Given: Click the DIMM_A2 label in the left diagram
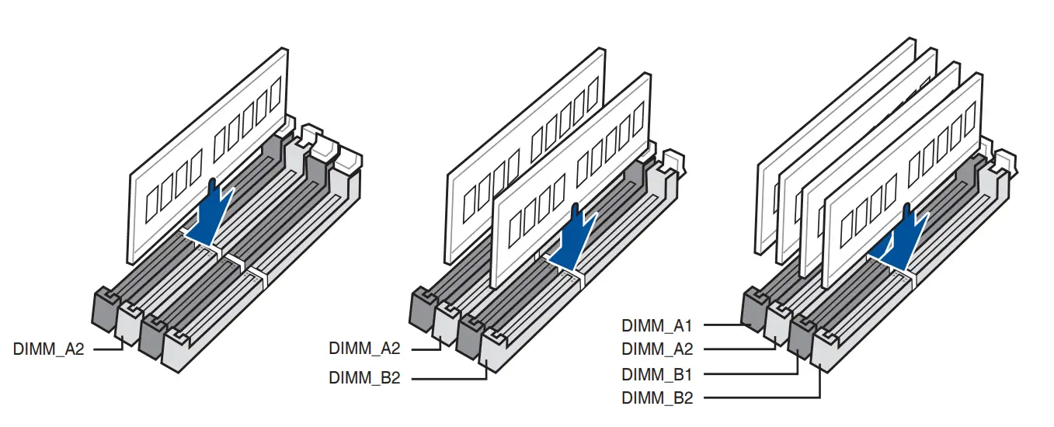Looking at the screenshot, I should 48,349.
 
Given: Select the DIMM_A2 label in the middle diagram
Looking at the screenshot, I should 364,349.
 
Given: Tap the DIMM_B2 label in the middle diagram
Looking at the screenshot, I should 364,378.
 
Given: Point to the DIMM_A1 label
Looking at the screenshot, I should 657,325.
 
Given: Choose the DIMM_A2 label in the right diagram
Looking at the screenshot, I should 657,349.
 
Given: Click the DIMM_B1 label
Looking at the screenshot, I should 657,374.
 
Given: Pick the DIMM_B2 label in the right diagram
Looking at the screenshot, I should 657,398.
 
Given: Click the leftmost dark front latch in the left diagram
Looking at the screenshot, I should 105,307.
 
